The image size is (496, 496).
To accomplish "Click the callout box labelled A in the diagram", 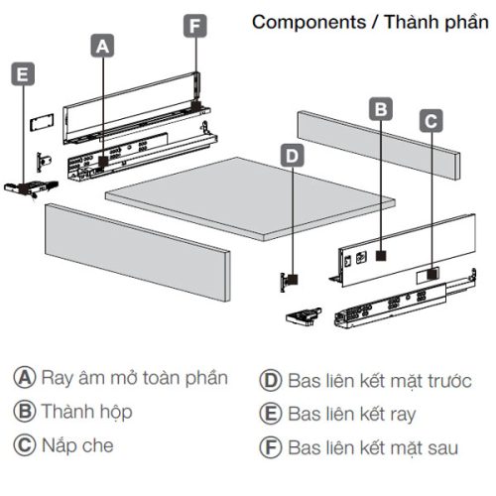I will tap(103, 44).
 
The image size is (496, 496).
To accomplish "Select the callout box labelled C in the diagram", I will tap(431, 121).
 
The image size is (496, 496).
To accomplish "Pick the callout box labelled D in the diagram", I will tap(291, 155).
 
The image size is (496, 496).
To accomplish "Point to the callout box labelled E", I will tap(23, 72).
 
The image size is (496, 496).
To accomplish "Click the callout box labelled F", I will tap(196, 25).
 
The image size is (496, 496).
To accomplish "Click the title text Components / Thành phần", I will tap(369, 22).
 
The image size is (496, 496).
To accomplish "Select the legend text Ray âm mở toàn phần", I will tap(134, 378).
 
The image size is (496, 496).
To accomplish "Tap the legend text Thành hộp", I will tap(86, 411).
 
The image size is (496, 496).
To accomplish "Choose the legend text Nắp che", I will tap(76, 444).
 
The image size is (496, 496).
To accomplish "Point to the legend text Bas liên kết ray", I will tap(351, 413).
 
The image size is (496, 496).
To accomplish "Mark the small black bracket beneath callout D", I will tap(289, 279).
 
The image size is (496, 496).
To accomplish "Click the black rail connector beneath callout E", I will tap(23, 186).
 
